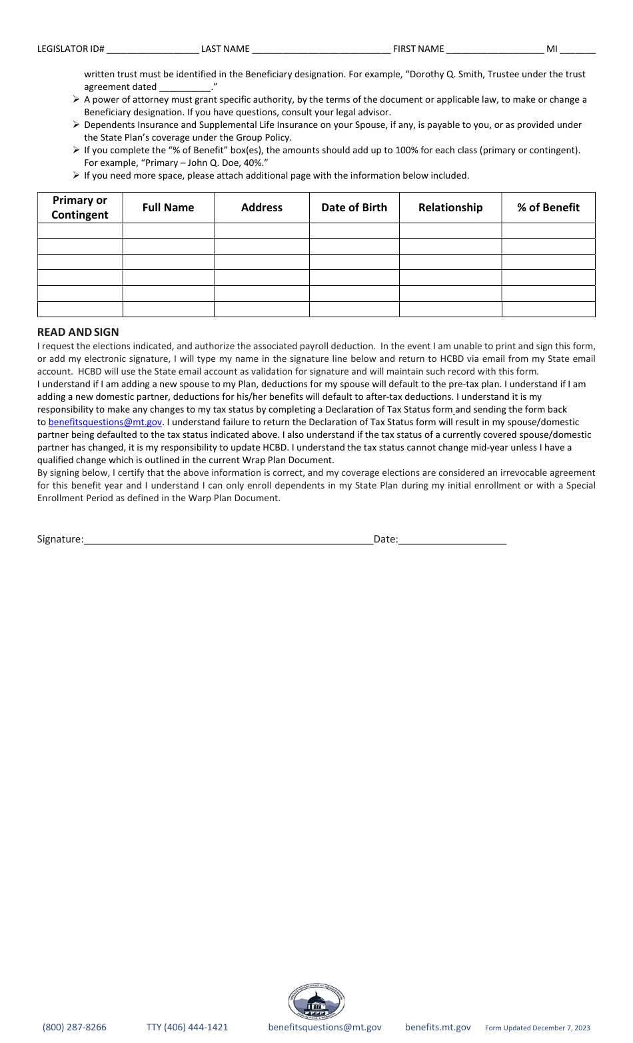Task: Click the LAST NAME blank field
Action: (x=321, y=49)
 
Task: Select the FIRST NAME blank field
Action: (x=495, y=49)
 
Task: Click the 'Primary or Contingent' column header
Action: (x=80, y=207)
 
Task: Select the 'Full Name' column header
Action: (x=168, y=207)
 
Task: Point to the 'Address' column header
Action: (x=262, y=207)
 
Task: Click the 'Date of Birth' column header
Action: (x=354, y=207)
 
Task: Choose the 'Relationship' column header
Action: (x=450, y=207)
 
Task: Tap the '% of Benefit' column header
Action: (x=548, y=207)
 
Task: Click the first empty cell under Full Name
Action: (x=168, y=231)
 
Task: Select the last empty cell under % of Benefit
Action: (x=548, y=309)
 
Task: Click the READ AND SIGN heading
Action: (x=78, y=332)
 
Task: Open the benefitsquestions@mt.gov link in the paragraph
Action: (x=105, y=423)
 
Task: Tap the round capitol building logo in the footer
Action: (x=316, y=1002)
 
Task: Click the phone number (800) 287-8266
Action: (x=75, y=1027)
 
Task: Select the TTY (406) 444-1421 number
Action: (x=187, y=1027)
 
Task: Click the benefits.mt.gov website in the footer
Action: (x=438, y=1027)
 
